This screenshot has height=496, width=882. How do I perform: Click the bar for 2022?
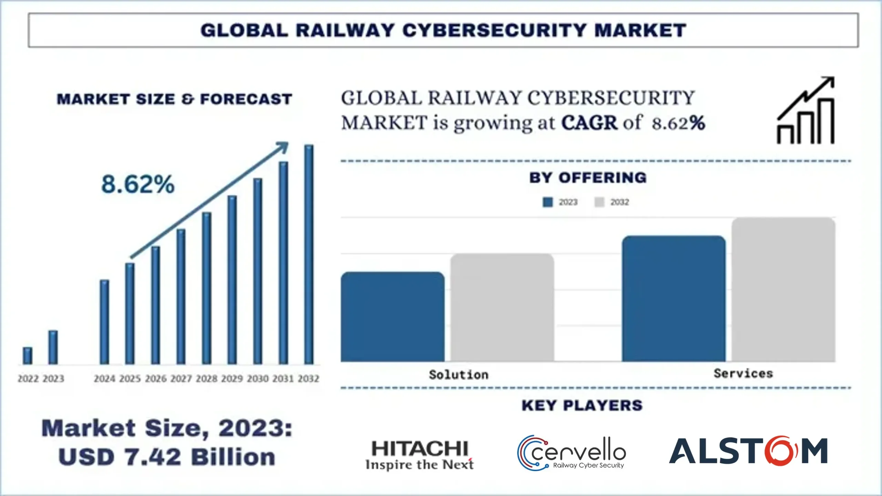pos(28,356)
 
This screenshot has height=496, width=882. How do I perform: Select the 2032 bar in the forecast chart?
pos(309,255)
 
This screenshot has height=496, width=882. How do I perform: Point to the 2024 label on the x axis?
pos(104,378)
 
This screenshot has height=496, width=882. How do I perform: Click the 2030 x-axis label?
pos(258,378)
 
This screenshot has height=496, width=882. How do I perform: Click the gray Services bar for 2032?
pos(783,290)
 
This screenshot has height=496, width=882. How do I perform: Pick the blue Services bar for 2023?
pos(674,298)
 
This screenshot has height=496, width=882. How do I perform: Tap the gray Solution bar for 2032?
pos(502,307)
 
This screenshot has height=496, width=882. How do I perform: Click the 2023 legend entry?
pos(560,202)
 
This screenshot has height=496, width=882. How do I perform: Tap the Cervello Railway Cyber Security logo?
pos(572,453)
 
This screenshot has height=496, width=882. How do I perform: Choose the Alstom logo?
pos(748,451)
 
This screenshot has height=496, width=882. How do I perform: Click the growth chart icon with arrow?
pos(806,111)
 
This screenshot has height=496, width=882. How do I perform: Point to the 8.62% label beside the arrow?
pos(138,184)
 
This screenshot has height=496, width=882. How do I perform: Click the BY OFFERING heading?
pos(588,178)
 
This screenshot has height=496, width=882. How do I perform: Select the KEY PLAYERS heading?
pos(582,405)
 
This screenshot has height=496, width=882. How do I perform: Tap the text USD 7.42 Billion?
pos(167,457)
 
